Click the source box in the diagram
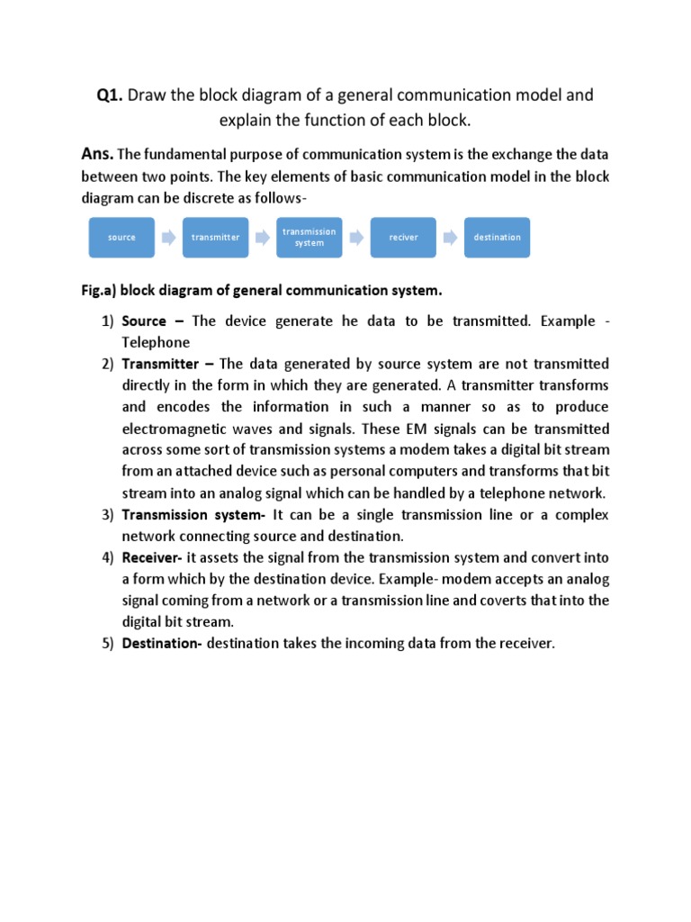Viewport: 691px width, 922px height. point(121,238)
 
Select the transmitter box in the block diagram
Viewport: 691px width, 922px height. point(215,238)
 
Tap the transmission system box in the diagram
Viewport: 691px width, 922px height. point(309,238)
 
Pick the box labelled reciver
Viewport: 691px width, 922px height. point(403,238)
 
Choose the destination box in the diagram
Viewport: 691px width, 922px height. point(497,238)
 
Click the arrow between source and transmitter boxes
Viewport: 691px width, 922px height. point(168,238)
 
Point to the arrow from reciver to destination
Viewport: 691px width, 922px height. point(450,238)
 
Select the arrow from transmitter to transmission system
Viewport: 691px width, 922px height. point(262,238)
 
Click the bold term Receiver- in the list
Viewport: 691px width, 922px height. point(153,558)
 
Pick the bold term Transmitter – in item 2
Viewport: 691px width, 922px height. point(168,364)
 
